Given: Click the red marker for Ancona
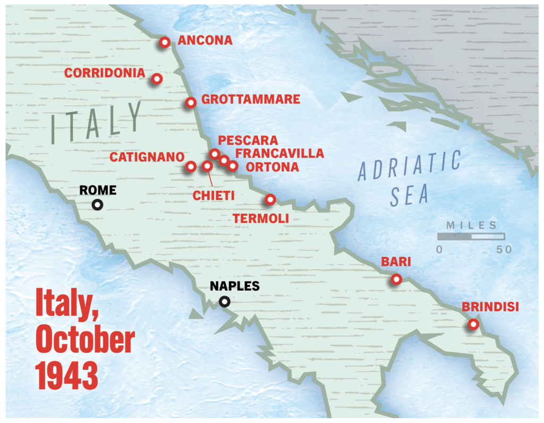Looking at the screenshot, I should pyautogui.click(x=165, y=42).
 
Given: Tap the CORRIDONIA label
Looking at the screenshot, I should pyautogui.click(x=105, y=73).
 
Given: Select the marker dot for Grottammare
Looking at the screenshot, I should pyautogui.click(x=191, y=102).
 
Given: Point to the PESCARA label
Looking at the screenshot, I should pyautogui.click(x=248, y=140).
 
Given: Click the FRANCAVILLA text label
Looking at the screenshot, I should pyautogui.click(x=279, y=154).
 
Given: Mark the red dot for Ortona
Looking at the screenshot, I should pyautogui.click(x=233, y=166).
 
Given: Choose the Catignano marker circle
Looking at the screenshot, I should pyautogui.click(x=191, y=167).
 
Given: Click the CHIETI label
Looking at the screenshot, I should pyautogui.click(x=214, y=196).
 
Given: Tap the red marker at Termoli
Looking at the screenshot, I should pyautogui.click(x=270, y=200).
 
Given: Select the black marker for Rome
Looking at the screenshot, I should pyautogui.click(x=97, y=204).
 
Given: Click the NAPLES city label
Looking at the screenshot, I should pyautogui.click(x=234, y=286).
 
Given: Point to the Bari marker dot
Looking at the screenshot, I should pyautogui.click(x=396, y=279).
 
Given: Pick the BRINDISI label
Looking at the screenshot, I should pyautogui.click(x=490, y=307).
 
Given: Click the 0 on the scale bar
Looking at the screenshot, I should pyautogui.click(x=439, y=249).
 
